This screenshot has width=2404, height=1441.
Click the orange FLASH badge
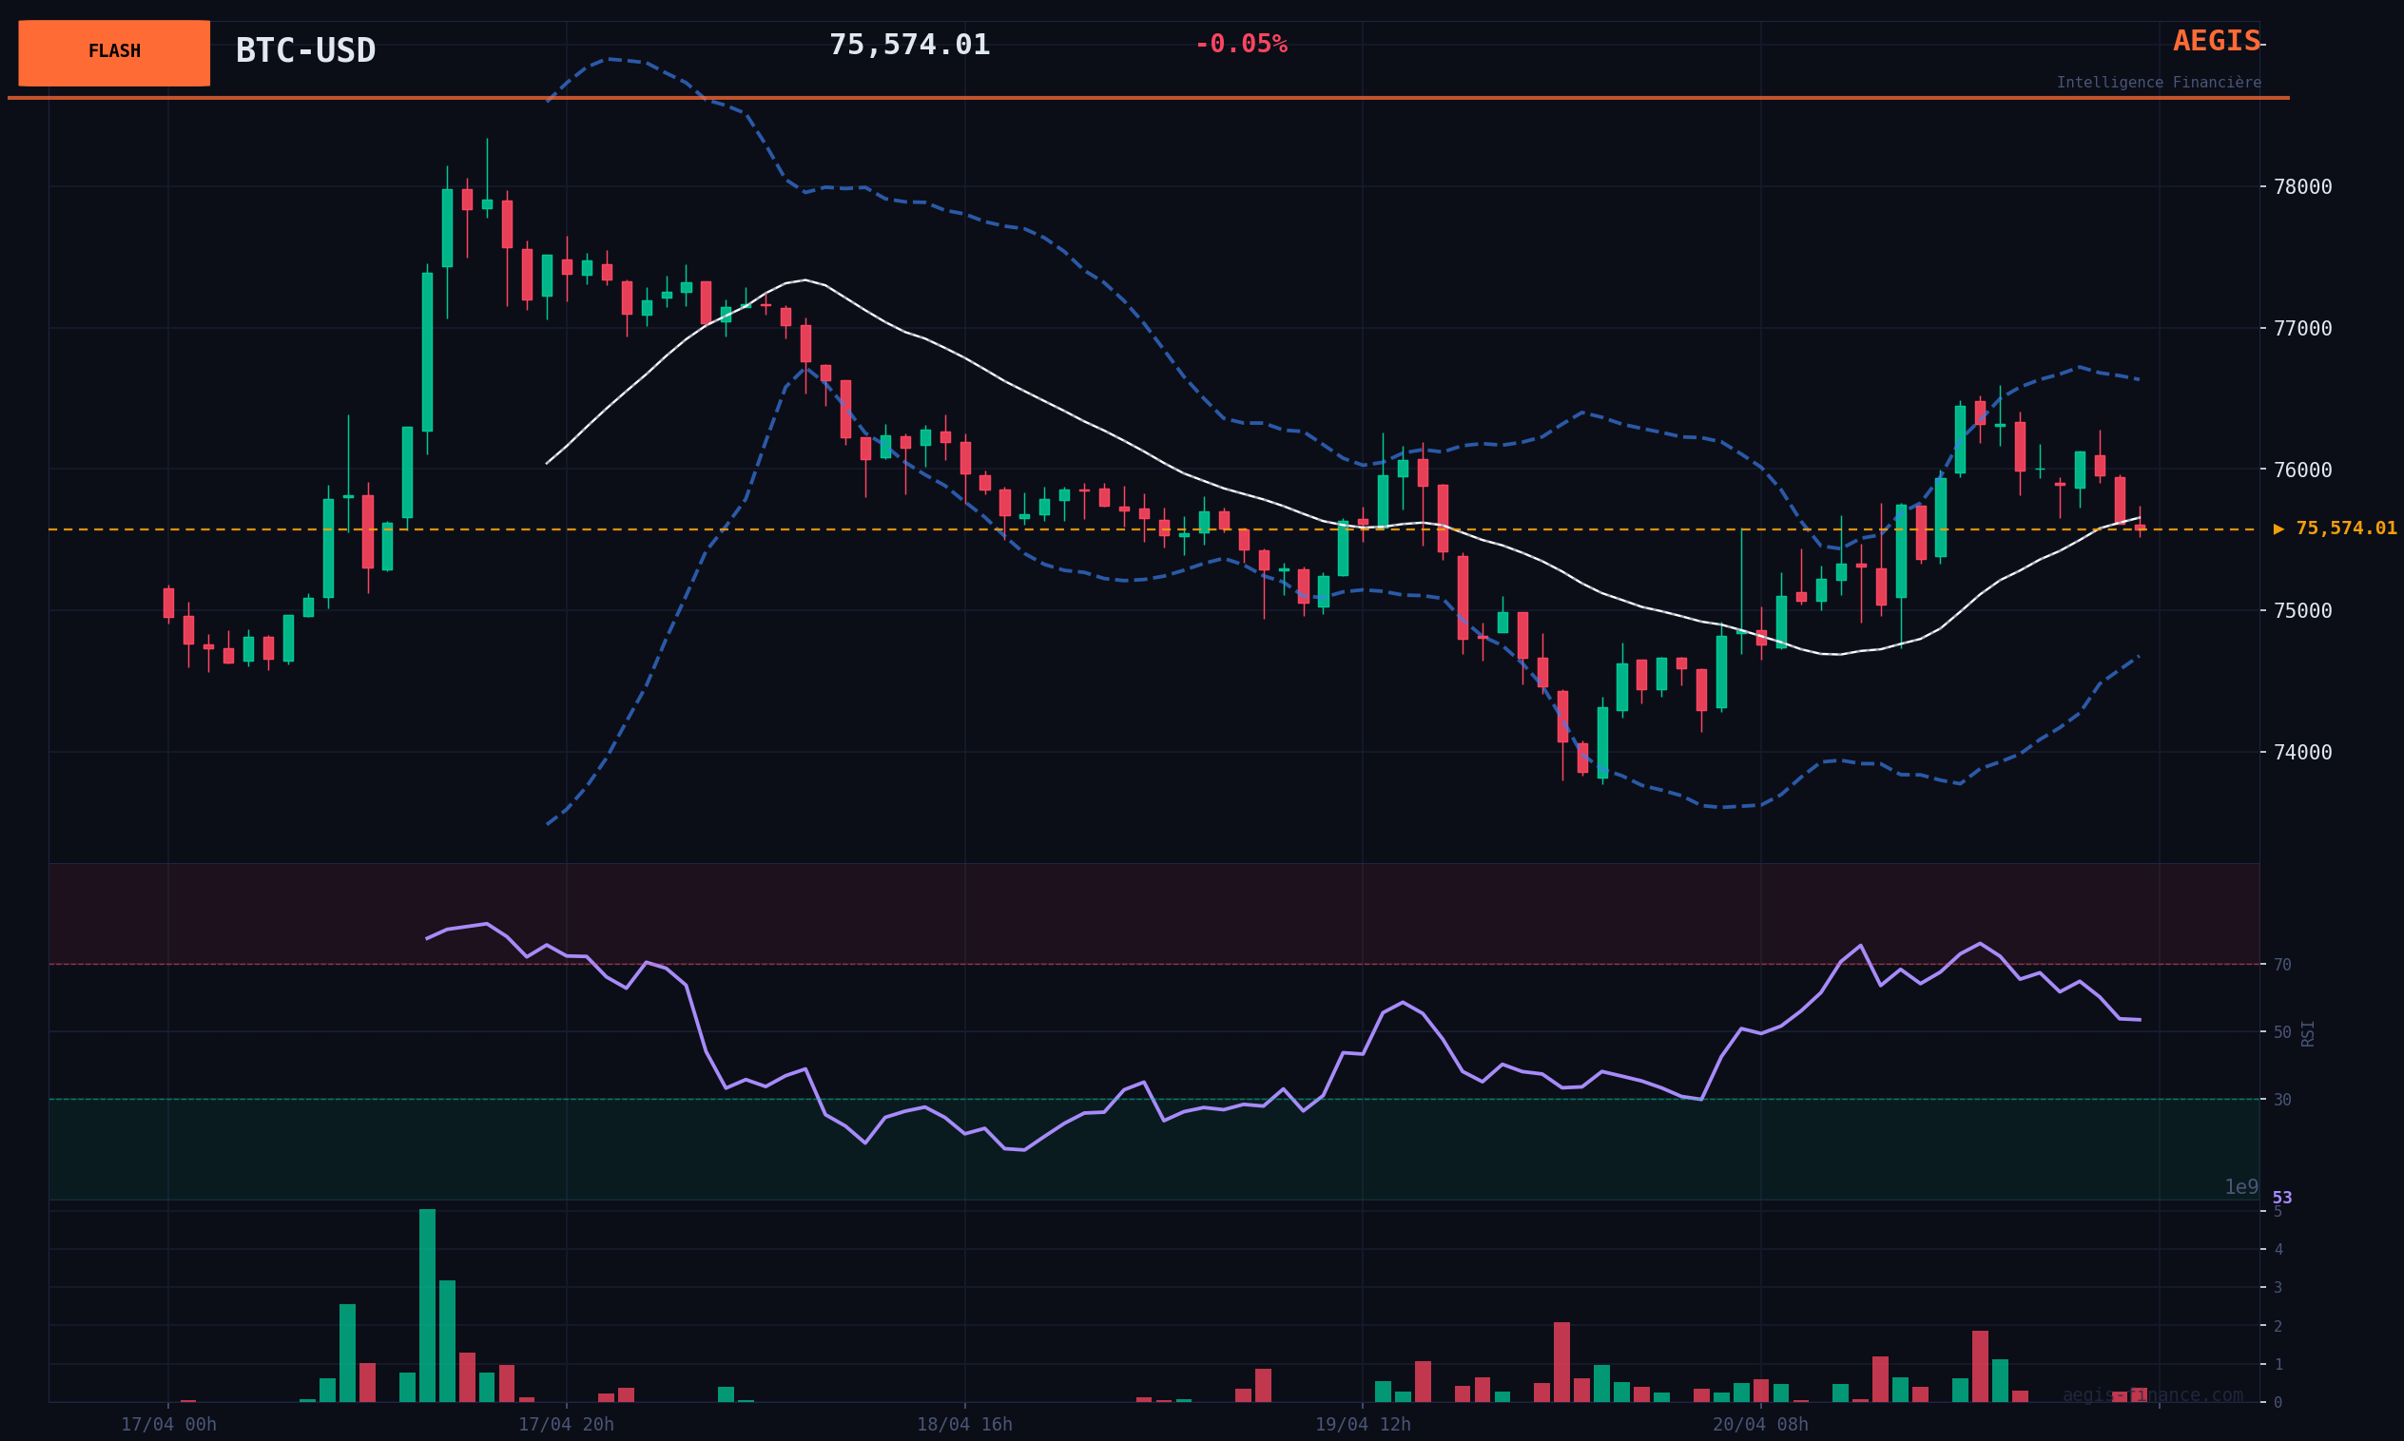(x=114, y=52)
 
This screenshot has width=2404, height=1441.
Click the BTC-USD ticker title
(x=305, y=50)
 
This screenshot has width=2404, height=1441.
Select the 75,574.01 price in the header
(x=909, y=45)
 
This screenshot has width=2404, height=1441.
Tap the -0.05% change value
(x=1240, y=45)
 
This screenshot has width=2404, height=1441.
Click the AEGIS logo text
(x=2216, y=42)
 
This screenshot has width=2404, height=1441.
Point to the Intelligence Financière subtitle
(x=2159, y=83)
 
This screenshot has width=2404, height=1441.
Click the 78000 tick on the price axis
(x=2302, y=186)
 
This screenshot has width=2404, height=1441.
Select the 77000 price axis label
(x=2302, y=328)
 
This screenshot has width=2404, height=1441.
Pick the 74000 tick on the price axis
(x=2302, y=753)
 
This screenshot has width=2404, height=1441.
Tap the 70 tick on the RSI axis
(x=2281, y=965)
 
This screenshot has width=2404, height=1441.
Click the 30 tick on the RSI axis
(x=2281, y=1100)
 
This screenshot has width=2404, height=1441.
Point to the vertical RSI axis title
(x=2308, y=1033)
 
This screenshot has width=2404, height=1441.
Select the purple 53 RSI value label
(x=2281, y=1199)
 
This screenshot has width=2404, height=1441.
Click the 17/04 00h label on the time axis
(x=168, y=1425)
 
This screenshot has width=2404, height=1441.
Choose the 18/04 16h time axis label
(x=964, y=1425)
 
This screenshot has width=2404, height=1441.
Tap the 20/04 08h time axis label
(x=1760, y=1425)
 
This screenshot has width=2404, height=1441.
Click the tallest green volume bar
(x=427, y=1305)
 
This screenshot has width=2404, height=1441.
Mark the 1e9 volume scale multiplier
(x=2240, y=1187)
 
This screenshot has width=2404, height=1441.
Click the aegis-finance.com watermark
(x=2152, y=1395)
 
